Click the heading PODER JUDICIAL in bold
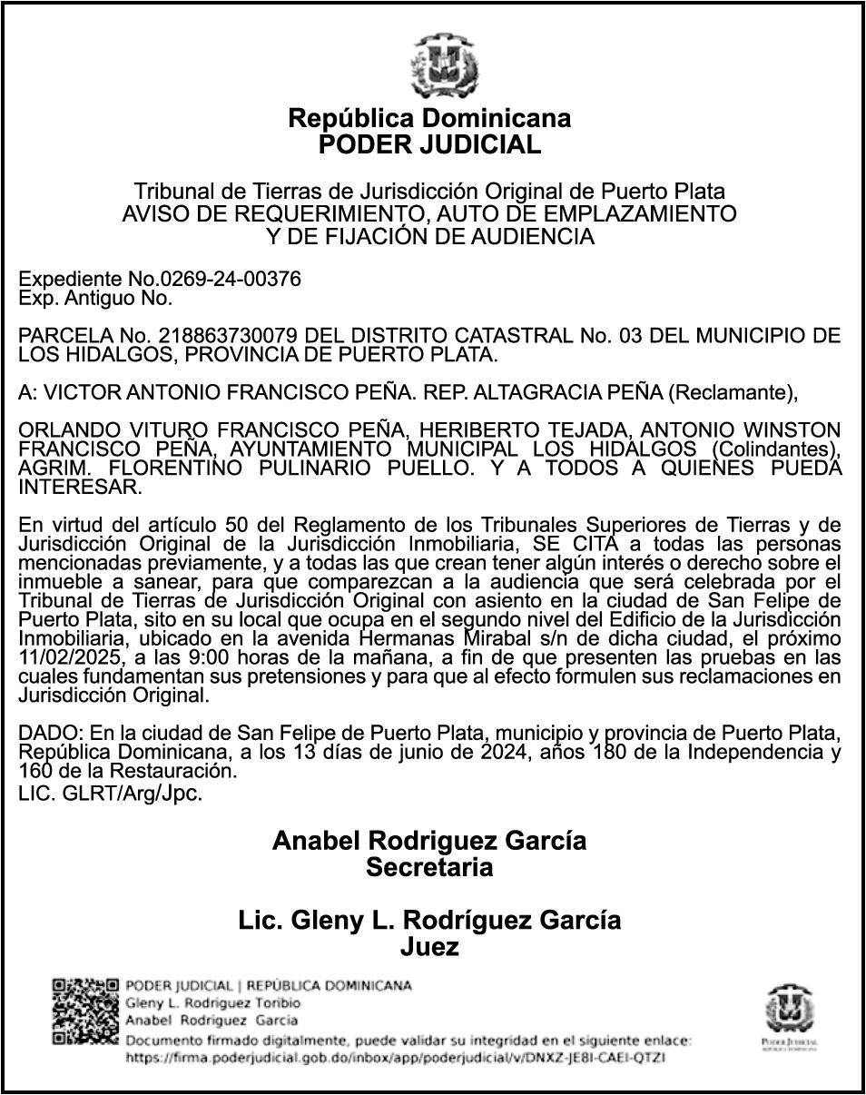click(x=429, y=144)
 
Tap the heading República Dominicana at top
click(x=429, y=118)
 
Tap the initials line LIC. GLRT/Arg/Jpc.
click(x=110, y=793)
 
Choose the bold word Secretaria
click(x=429, y=868)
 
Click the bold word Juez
click(x=429, y=948)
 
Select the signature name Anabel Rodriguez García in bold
click(x=429, y=841)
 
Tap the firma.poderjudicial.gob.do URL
click(x=400, y=1058)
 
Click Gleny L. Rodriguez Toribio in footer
click(x=213, y=1003)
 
